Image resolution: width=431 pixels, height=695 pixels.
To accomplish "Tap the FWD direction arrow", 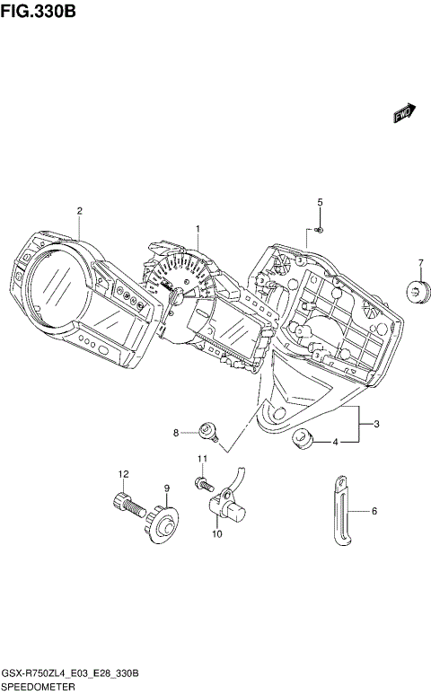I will tap(403, 112).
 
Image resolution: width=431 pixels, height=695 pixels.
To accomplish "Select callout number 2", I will tap(79, 211).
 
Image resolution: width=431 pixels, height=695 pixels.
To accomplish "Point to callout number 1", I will tap(198, 230).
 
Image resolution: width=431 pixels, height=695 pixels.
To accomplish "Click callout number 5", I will tap(319, 202).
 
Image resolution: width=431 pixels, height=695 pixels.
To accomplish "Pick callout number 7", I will tap(419, 263).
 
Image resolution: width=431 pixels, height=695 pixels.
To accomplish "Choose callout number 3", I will tap(376, 424).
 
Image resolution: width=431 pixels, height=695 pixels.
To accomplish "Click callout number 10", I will tap(216, 534).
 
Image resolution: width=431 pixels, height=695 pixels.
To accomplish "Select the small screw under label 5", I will tap(320, 230).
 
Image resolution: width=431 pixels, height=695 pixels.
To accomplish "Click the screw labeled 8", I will tap(208, 434).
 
